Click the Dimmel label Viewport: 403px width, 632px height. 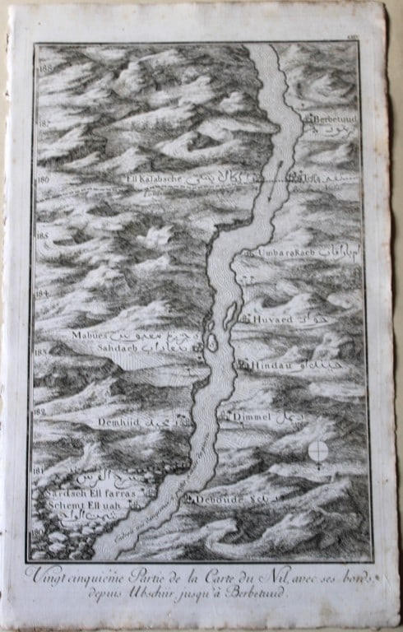251,418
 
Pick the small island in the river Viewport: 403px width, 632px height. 212,342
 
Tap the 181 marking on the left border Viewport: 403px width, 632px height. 38,470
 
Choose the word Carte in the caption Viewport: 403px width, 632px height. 225,574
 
